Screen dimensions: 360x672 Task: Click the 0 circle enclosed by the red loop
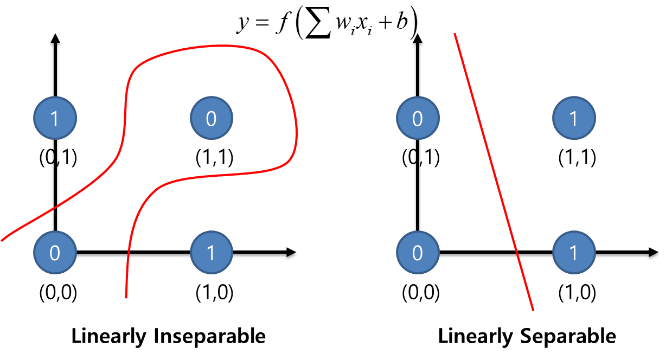pos(212,118)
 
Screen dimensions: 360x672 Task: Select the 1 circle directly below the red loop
pos(212,253)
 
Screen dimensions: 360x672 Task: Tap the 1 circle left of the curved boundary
pos(55,118)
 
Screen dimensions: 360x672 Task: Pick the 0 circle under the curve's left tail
pos(55,253)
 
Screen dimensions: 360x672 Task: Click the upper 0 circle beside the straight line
pos(418,118)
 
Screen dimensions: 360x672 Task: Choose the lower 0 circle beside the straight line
pos(418,253)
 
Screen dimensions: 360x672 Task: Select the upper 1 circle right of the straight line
pos(574,118)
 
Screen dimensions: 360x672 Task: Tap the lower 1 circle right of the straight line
pos(574,253)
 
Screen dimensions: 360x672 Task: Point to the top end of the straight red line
pos(455,34)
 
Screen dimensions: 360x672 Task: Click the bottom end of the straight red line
pos(533,310)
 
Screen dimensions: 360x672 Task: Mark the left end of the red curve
pos(2,240)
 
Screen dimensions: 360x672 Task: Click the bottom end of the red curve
pos(126,298)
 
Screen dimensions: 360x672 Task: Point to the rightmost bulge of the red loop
pos(297,130)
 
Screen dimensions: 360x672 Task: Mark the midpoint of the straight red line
pos(494,172)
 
